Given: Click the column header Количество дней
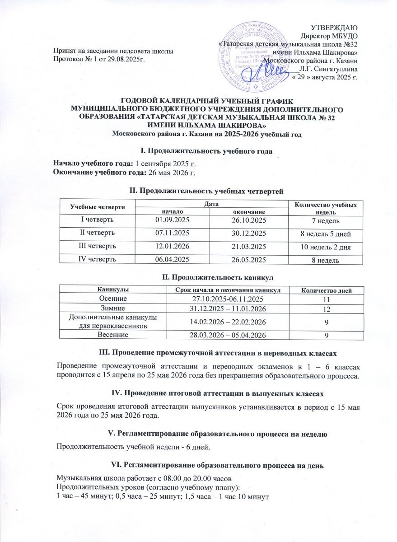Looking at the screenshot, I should click(x=326, y=290).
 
